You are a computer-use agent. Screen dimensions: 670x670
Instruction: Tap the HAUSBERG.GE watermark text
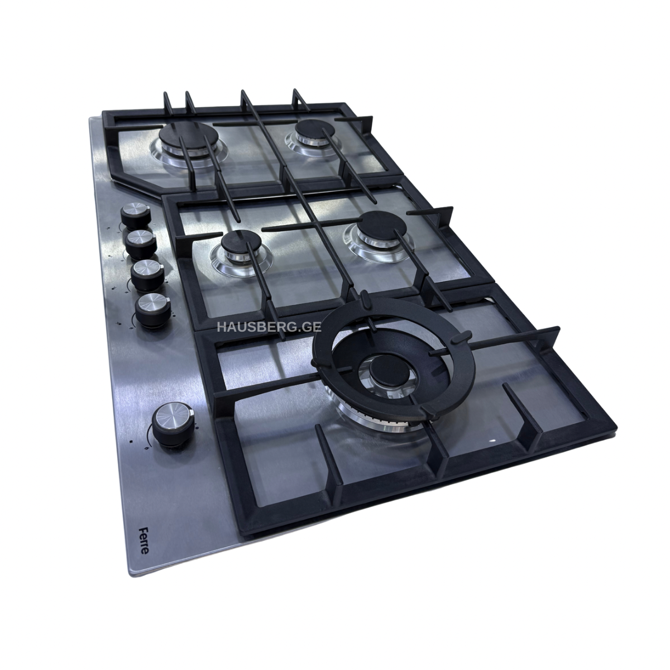(x=269, y=327)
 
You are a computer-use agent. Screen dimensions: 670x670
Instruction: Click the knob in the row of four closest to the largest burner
(x=136, y=215)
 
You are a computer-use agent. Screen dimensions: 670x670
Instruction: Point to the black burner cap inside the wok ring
(x=387, y=371)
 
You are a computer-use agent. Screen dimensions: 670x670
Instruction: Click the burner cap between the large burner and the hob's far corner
(x=315, y=130)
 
